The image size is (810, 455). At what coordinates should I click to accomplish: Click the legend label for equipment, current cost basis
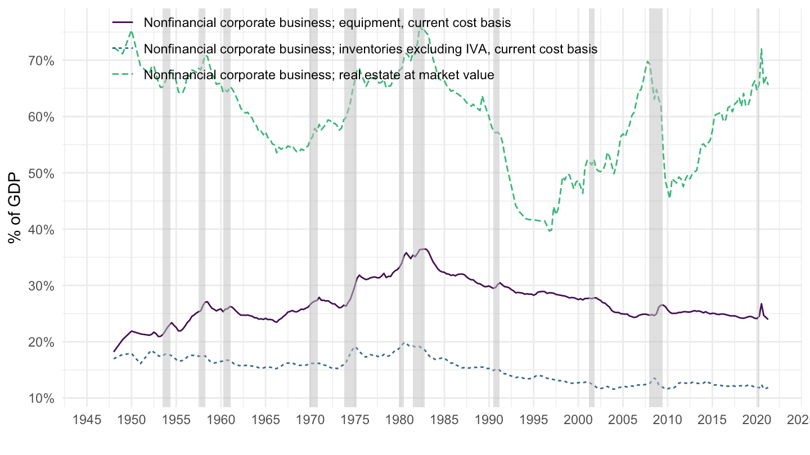coord(327,23)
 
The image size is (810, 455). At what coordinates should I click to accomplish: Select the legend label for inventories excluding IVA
coord(371,49)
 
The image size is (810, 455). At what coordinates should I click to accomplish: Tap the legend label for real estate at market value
coord(319,75)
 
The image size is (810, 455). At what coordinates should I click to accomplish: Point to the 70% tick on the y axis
coord(41,60)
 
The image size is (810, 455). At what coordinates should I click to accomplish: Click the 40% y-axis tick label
coord(41,229)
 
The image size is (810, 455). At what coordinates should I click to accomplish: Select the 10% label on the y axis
coord(41,398)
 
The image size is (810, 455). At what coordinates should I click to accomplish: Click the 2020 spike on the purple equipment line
coord(761,304)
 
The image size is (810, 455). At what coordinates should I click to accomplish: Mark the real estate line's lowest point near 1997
coord(550,231)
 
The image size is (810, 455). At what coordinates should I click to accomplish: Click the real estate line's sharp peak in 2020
coord(761,49)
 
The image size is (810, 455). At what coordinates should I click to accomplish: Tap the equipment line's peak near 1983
coord(426,249)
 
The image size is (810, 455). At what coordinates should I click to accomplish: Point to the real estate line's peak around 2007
coord(647,61)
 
